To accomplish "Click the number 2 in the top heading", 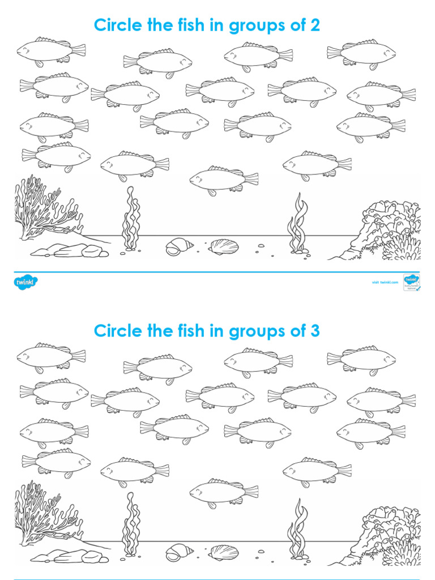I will tap(315, 25).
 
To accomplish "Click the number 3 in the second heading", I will tap(315, 331).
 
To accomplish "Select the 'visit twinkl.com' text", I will tap(382, 282).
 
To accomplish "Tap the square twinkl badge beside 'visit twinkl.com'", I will tap(411, 282).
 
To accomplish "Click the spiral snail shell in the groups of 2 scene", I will tap(179, 246).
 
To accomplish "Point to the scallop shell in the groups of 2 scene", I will tap(223, 246).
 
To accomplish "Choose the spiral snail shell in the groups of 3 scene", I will tap(179, 551).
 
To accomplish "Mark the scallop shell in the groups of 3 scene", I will tap(223, 552).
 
